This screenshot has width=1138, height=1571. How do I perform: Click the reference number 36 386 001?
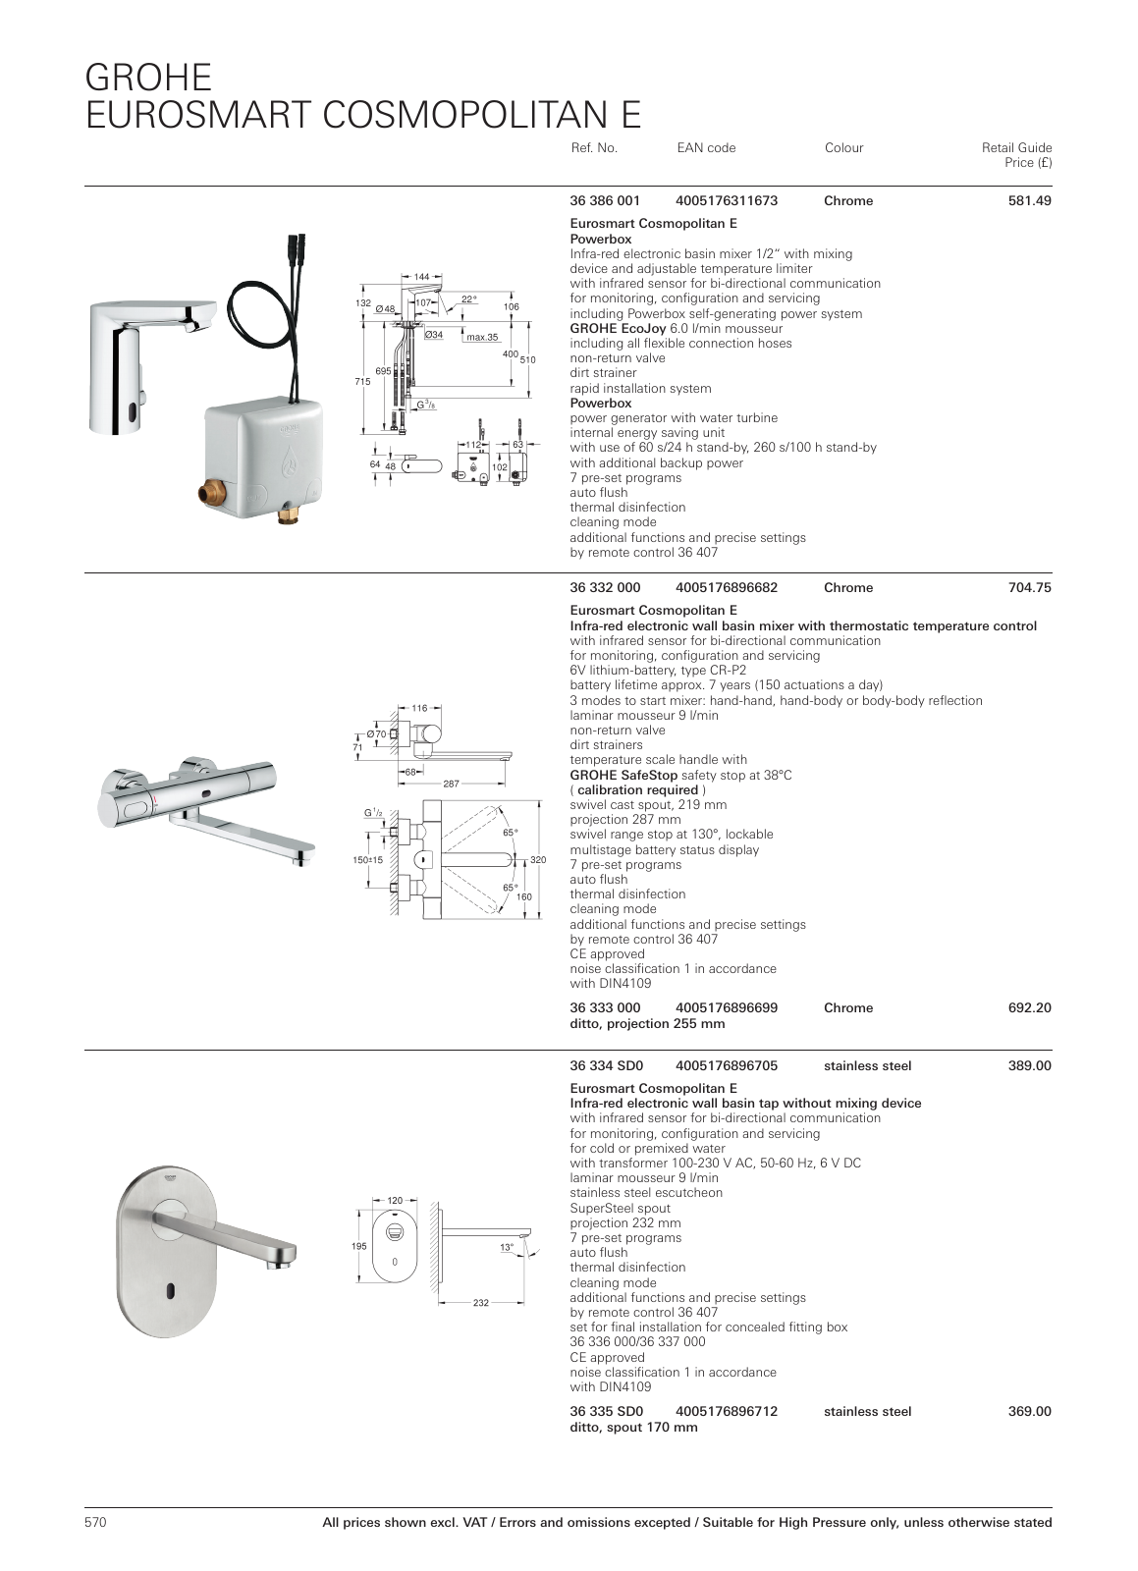tap(605, 200)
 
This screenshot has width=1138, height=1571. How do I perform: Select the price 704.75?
tap(1029, 588)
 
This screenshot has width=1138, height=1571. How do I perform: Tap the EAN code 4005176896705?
tap(727, 1066)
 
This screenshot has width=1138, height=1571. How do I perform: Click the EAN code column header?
tap(706, 148)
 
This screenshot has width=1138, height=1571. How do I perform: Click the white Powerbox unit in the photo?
tap(264, 460)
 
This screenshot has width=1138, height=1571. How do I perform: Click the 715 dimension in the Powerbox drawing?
tap(362, 382)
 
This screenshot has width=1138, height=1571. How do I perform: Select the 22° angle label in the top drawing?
tap(469, 298)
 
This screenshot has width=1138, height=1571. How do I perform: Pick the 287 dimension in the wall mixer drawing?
tap(451, 784)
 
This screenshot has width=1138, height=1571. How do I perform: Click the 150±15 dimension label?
tap(367, 860)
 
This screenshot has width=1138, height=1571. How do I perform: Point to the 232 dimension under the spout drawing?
tap(480, 1302)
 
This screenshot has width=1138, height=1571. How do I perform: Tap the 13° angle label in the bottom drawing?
tap(507, 1247)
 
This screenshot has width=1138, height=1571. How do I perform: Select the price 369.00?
tap(1029, 1411)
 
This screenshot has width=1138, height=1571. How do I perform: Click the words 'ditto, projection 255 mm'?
tap(647, 1023)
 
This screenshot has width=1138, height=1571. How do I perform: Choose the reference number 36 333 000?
tap(605, 1007)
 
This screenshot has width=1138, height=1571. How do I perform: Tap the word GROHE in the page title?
tap(148, 78)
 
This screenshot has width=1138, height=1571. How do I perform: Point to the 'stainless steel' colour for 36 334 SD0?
tap(867, 1066)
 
